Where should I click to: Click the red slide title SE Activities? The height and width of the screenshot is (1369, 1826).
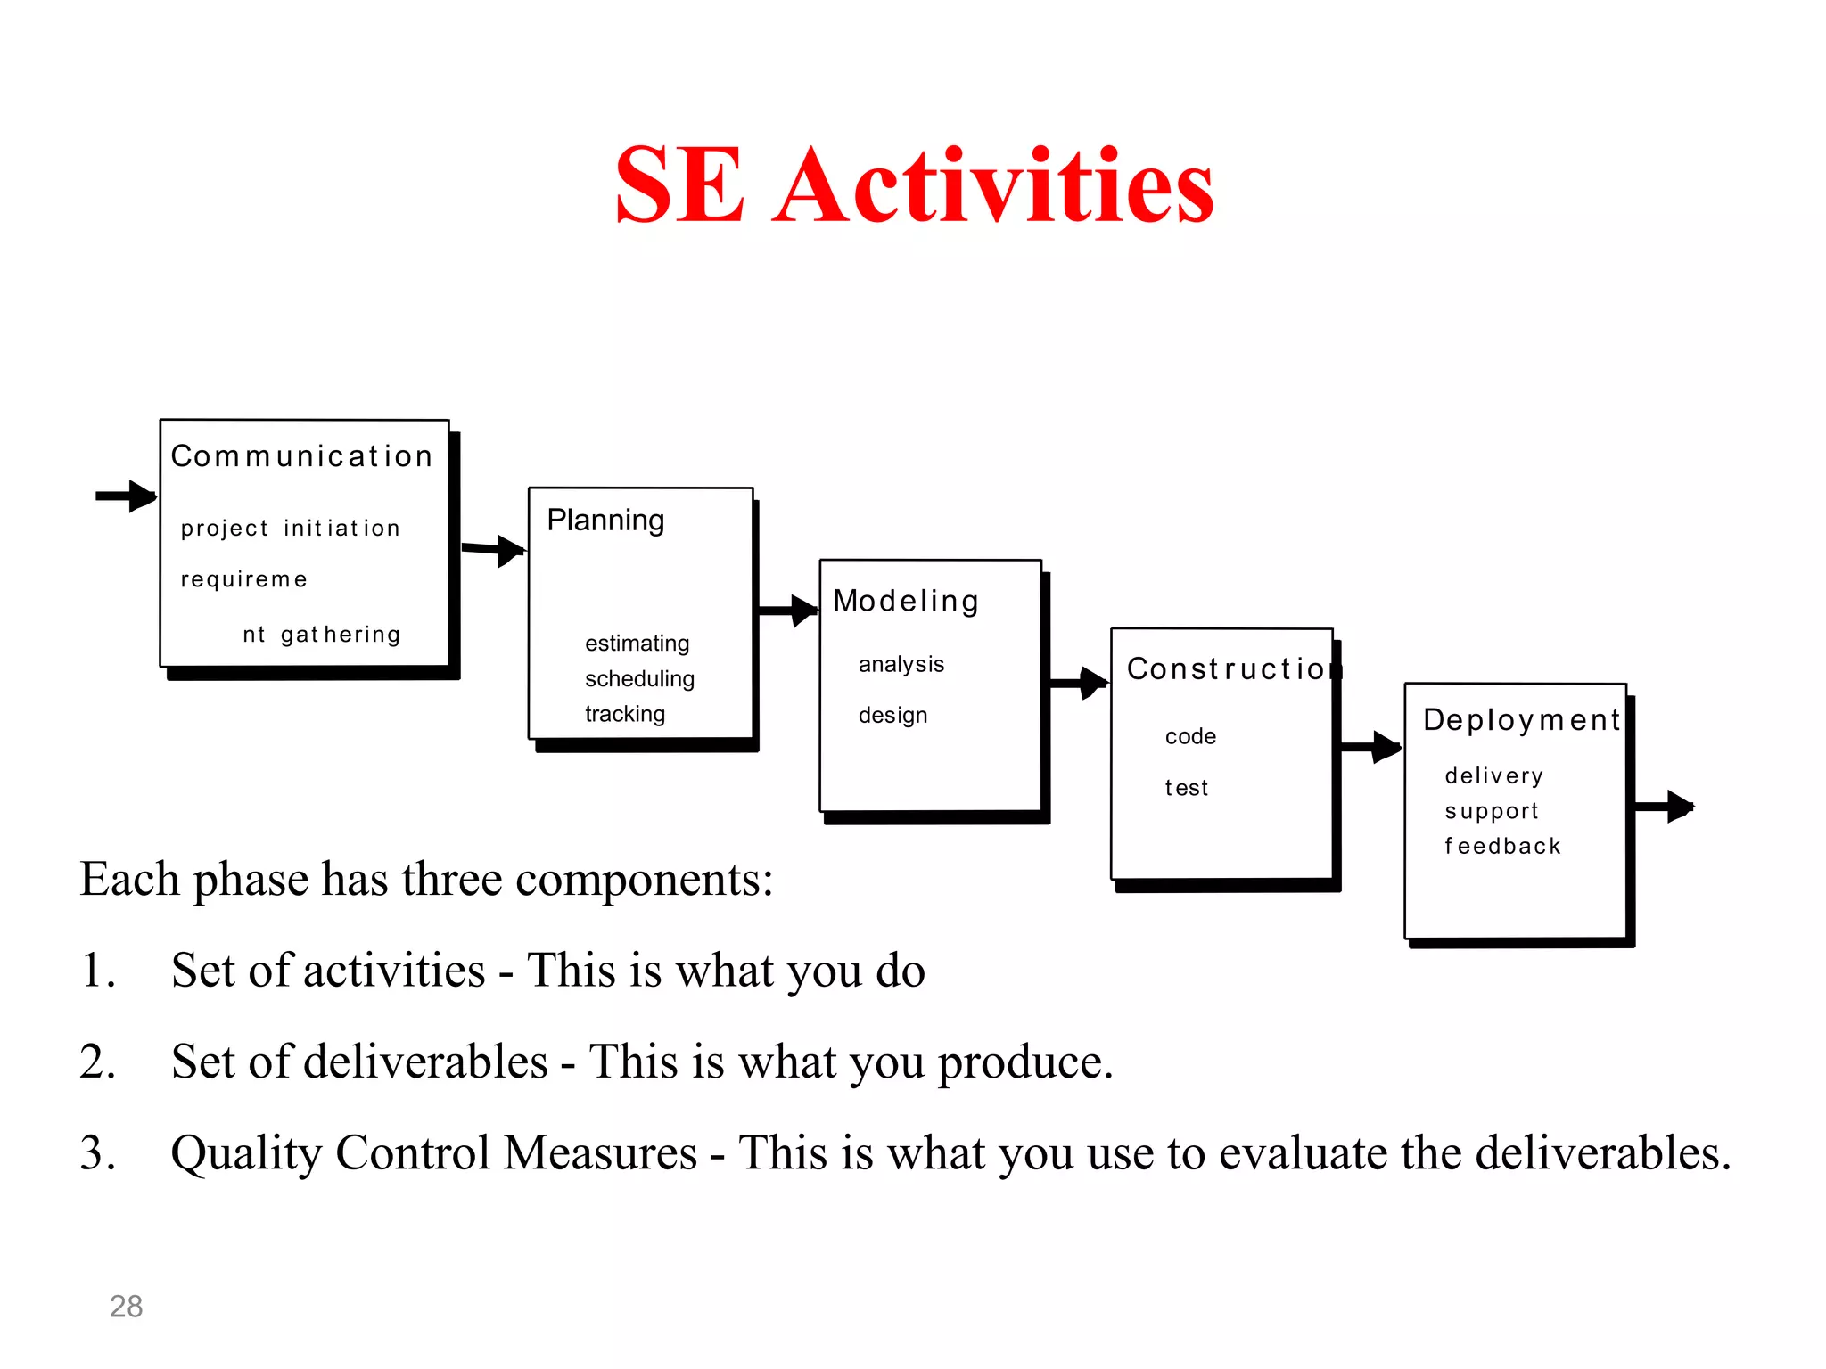pos(914,185)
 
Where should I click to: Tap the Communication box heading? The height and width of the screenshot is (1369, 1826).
pos(301,456)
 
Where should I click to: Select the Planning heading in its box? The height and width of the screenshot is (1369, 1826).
pos(605,520)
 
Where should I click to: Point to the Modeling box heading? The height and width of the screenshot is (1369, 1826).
pos(906,602)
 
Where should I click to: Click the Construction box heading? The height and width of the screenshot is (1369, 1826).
pos(1230,668)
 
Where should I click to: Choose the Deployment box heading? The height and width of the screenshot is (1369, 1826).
pos(1521,720)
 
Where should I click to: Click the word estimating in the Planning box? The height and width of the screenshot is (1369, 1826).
pos(637,644)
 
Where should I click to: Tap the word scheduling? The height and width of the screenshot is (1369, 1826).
pos(639,679)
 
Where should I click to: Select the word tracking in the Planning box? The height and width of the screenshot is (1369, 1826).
pos(625,714)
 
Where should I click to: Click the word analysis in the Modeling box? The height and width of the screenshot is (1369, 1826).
pos(901,665)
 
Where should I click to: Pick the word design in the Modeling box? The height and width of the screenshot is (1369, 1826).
pos(892,716)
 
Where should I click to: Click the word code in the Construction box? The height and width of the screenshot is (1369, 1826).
pos(1190,737)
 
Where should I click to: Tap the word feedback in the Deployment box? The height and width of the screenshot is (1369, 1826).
pos(1502,847)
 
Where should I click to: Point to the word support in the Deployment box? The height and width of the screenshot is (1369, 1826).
pos(1492,812)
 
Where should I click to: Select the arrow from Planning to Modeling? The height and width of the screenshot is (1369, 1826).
pos(786,611)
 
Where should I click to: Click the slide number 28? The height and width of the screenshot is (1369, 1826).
pos(126,1307)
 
